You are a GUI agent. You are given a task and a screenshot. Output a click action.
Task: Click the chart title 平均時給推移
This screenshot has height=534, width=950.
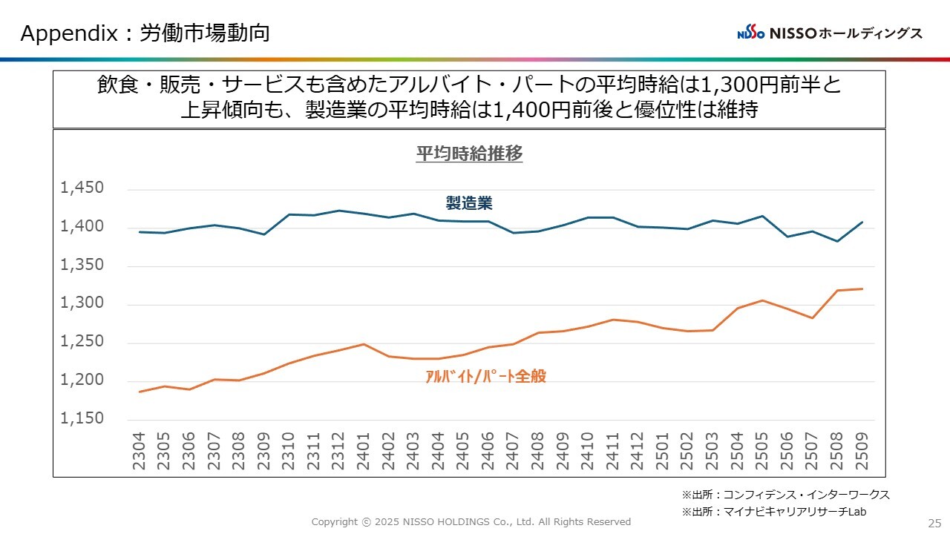pos(469,154)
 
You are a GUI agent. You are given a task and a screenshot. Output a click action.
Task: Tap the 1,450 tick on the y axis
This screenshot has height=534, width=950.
pos(82,188)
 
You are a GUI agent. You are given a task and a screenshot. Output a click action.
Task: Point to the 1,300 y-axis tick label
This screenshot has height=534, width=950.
pos(82,303)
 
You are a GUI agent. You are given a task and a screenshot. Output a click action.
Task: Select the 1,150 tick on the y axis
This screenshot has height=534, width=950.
pos(82,418)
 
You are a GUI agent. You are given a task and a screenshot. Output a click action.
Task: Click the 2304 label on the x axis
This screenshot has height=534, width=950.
pos(139,450)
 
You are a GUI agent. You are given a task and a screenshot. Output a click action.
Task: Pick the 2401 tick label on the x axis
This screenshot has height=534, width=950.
pos(364,450)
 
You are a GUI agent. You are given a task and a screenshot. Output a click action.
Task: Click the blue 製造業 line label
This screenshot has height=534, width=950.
pos(469,202)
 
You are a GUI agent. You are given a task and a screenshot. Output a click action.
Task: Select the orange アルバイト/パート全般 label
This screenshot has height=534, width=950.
pos(485,376)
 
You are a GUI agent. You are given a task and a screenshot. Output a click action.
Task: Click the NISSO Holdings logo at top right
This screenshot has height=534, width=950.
pos(830,33)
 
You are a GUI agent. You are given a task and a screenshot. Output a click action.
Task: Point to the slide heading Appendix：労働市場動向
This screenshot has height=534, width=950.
pos(145,33)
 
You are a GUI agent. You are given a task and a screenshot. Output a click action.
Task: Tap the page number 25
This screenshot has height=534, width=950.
pos(934,522)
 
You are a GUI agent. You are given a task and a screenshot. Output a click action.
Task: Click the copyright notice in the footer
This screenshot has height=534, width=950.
pos(471,522)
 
